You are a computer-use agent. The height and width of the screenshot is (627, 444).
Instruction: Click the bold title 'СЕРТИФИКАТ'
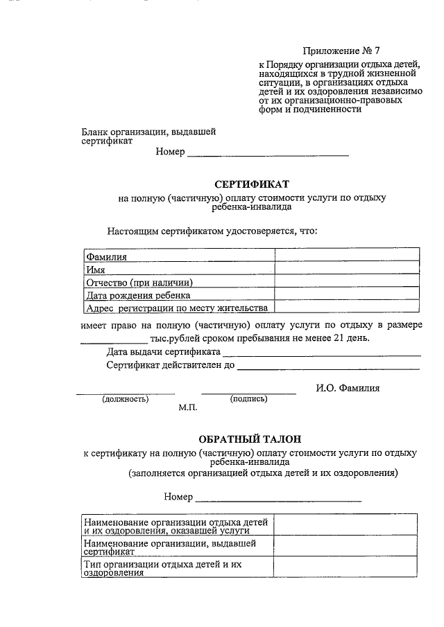point(251,184)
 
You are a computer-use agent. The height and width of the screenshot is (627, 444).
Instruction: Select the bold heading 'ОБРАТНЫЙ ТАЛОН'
point(250,439)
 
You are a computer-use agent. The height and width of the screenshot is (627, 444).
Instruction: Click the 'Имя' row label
point(95,270)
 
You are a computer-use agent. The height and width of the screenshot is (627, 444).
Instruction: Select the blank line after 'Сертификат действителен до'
point(328,367)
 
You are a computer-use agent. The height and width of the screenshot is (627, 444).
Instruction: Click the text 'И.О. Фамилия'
point(348,388)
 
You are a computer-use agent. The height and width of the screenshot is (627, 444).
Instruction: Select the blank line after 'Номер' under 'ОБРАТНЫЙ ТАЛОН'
point(278,498)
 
